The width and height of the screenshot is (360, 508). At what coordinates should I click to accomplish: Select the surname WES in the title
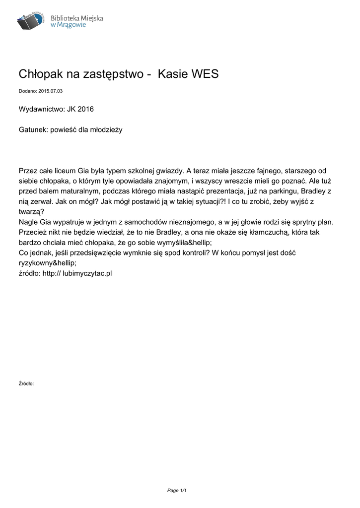[x=203, y=74]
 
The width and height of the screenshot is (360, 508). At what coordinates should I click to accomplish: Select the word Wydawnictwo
[x=41, y=109]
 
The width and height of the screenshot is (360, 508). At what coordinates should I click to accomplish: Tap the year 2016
[x=85, y=109]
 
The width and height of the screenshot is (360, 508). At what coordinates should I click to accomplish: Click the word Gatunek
[x=32, y=129]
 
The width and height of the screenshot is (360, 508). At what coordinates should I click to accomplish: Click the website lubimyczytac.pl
[x=87, y=273]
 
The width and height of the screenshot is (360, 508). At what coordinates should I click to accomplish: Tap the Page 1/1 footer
[x=176, y=491]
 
